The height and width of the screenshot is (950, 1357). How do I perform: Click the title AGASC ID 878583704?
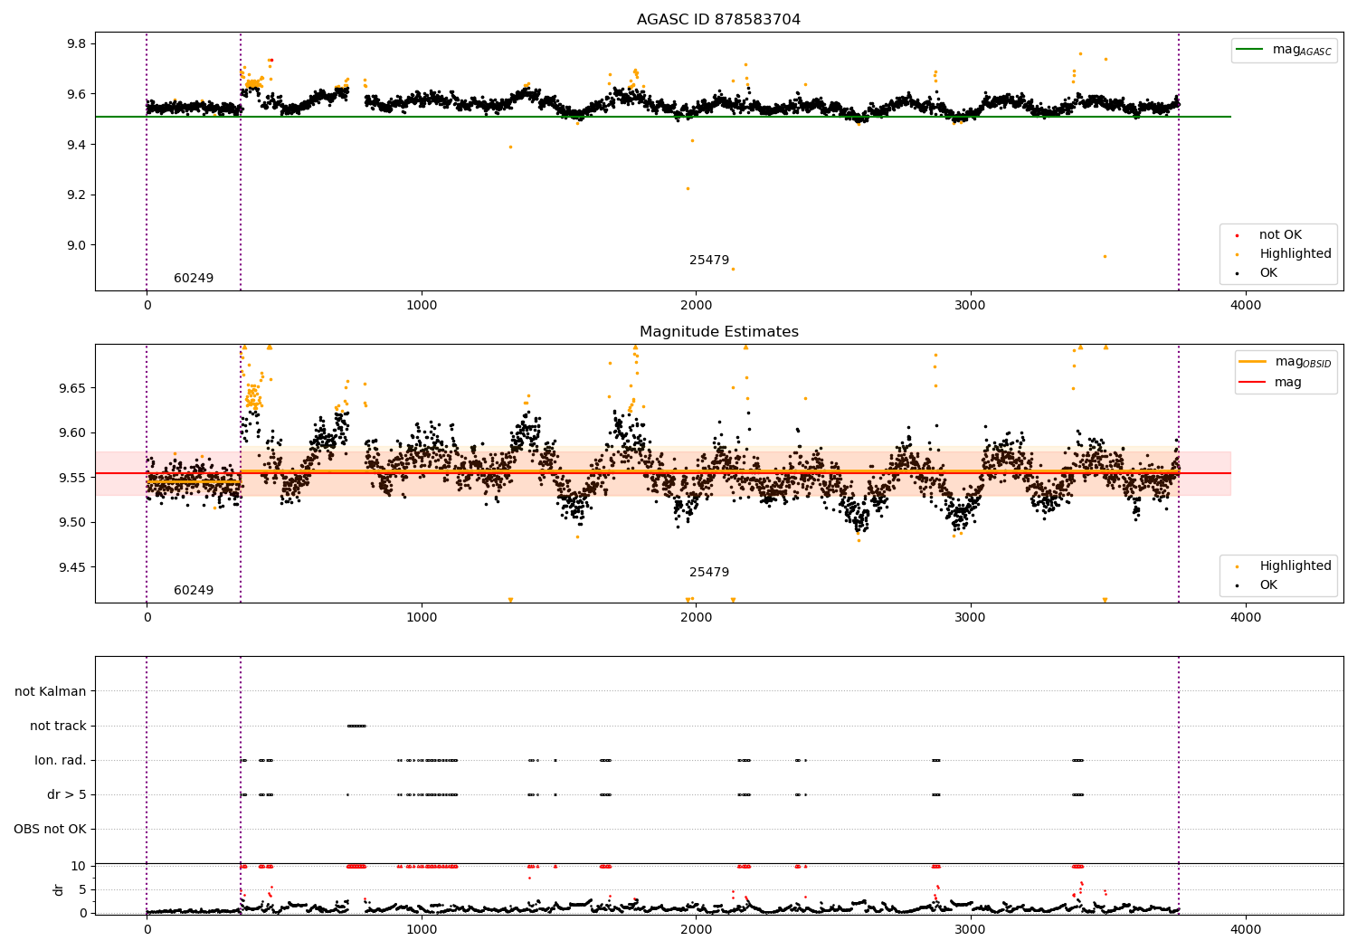(x=718, y=20)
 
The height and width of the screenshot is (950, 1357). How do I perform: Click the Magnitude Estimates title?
(x=718, y=332)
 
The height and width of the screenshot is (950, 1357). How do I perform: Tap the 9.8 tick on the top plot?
(x=74, y=44)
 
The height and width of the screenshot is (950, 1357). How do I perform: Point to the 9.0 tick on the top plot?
(x=74, y=245)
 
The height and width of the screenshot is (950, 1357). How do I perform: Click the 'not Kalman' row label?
(x=51, y=691)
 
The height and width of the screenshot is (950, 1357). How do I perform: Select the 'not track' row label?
(x=58, y=726)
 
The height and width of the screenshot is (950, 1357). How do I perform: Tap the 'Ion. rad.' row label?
(x=61, y=760)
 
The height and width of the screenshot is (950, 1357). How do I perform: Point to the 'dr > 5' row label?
(x=67, y=794)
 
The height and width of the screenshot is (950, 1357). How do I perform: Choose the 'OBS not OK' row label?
(x=50, y=829)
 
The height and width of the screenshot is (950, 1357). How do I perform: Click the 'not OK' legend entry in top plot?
(x=1280, y=235)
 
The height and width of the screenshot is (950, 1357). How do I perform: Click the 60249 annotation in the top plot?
(x=194, y=279)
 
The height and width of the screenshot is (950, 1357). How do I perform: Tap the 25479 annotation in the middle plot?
(x=709, y=573)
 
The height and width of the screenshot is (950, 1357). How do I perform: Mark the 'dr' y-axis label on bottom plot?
(x=59, y=889)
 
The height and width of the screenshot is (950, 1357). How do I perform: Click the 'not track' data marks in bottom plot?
(x=356, y=726)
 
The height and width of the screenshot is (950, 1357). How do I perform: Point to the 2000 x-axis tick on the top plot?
(x=696, y=305)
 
